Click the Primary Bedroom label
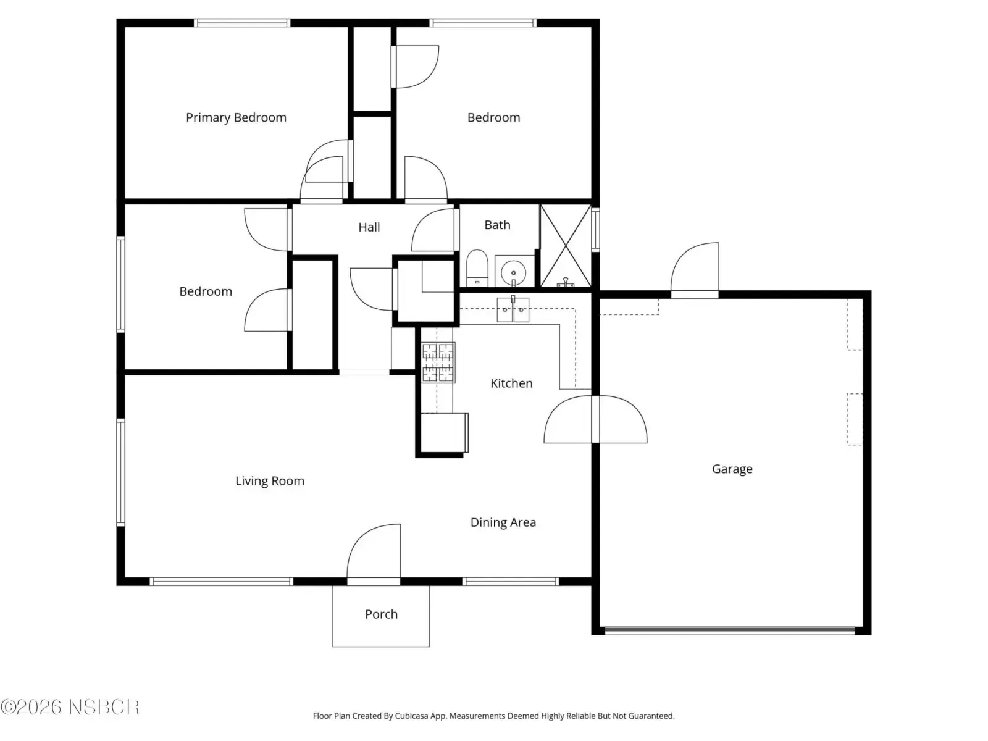click(x=236, y=117)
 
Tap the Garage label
click(x=732, y=469)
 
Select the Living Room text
click(x=270, y=481)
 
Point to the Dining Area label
click(x=503, y=522)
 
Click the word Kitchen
click(x=511, y=383)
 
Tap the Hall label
click(x=369, y=227)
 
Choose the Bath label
click(x=497, y=225)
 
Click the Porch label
click(x=381, y=614)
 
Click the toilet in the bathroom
click(x=477, y=268)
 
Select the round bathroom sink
click(x=513, y=272)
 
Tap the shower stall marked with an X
click(x=566, y=246)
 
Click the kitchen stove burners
click(x=438, y=362)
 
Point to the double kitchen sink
click(x=513, y=309)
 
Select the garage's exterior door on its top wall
click(x=695, y=270)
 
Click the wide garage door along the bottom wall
click(x=730, y=630)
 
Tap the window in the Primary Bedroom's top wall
click(x=242, y=23)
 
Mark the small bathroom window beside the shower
click(x=595, y=230)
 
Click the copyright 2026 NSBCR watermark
click(x=70, y=707)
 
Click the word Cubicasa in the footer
click(x=411, y=716)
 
